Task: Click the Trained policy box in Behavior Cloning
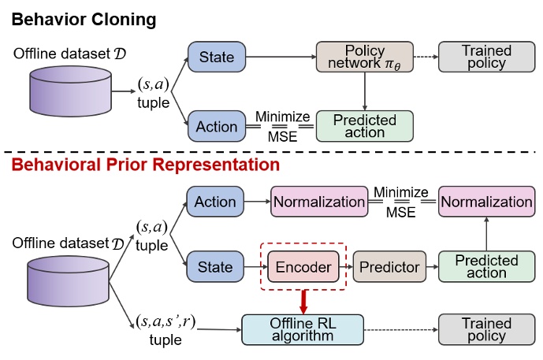pyautogui.click(x=485, y=58)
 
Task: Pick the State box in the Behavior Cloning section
pyautogui.click(x=216, y=58)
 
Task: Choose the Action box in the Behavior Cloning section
pyautogui.click(x=216, y=126)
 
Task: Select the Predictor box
pyautogui.click(x=389, y=267)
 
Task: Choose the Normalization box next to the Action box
pyautogui.click(x=319, y=202)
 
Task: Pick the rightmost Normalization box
pyautogui.click(x=485, y=202)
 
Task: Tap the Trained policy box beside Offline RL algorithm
pyautogui.click(x=485, y=329)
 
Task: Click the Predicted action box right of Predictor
pyautogui.click(x=486, y=267)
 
